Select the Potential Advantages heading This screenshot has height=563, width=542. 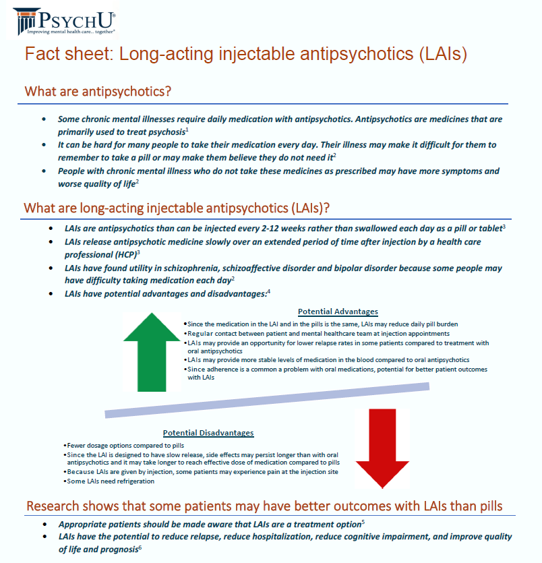338,312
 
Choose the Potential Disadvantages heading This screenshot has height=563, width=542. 208,433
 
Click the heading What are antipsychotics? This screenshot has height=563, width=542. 98,91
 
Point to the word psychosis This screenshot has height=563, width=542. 161,132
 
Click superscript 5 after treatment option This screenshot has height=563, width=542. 363,521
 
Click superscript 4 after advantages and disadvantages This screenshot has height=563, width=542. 268,291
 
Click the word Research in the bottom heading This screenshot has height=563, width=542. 56,506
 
